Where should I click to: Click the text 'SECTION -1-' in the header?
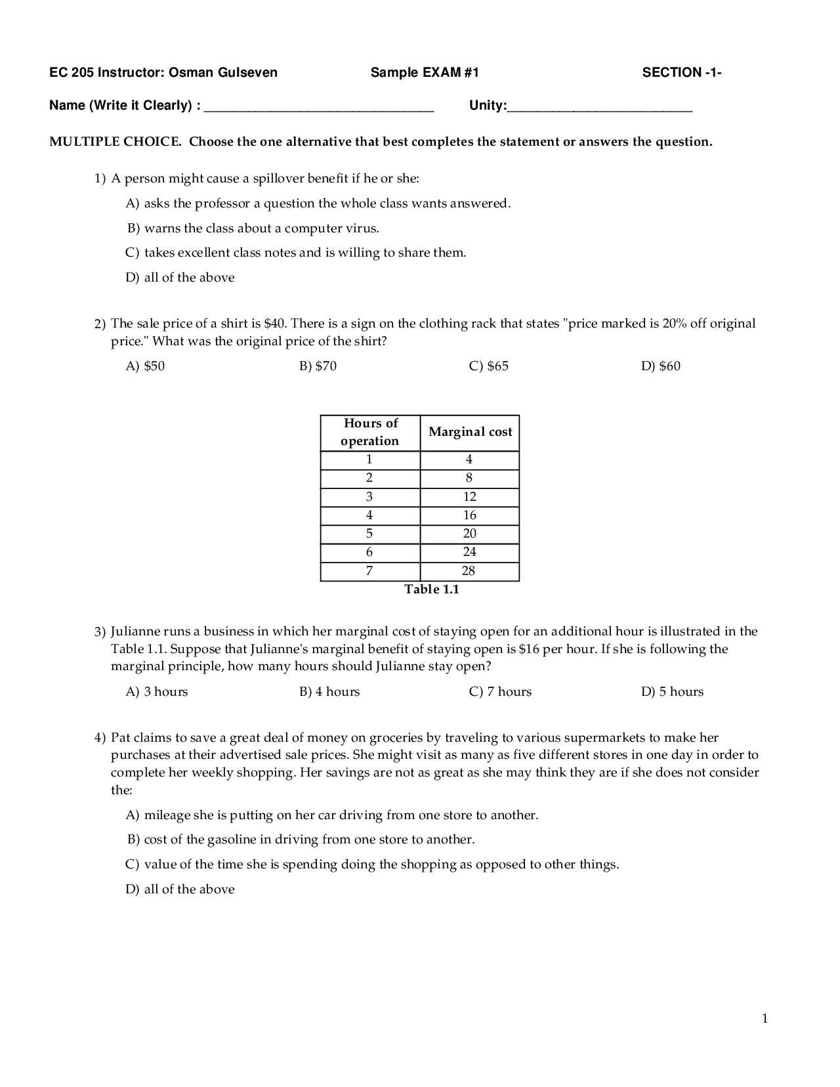click(x=681, y=73)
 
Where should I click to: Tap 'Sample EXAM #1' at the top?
click(x=425, y=73)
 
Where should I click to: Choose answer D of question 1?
click(x=180, y=278)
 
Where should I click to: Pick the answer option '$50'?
click(x=146, y=366)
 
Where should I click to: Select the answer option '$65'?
click(x=489, y=366)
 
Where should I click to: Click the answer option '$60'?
click(x=661, y=366)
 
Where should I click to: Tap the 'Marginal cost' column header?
click(x=470, y=432)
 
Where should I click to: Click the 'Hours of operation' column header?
click(x=370, y=432)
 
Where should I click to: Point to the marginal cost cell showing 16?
click(x=470, y=515)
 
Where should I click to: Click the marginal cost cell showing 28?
click(x=469, y=571)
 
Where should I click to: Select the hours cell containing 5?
click(x=369, y=534)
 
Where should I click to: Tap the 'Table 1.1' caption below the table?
click(x=431, y=589)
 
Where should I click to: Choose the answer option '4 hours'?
click(x=329, y=692)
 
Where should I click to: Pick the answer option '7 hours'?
click(x=501, y=692)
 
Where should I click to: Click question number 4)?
click(x=100, y=738)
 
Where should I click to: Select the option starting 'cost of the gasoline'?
click(x=301, y=840)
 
